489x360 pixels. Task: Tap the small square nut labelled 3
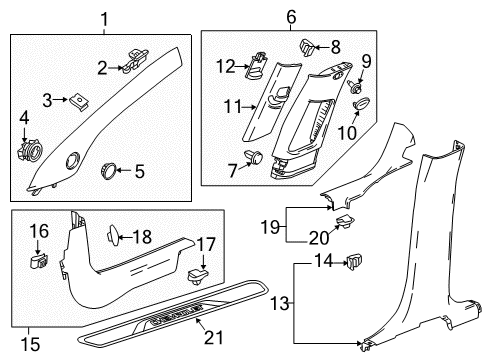pyautogui.click(x=77, y=100)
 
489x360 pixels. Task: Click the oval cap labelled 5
pyautogui.click(x=108, y=173)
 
